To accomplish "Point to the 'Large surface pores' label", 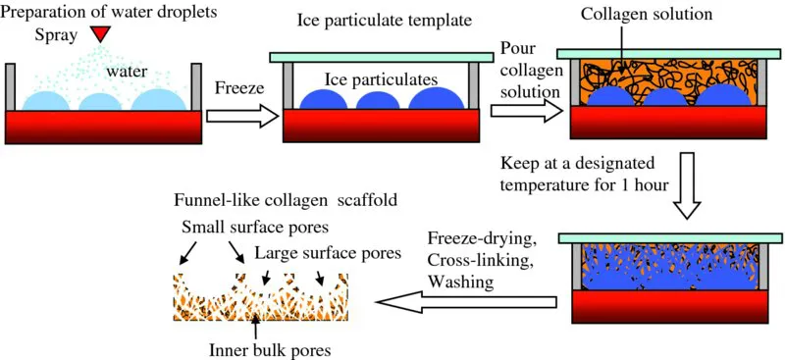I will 329,253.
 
